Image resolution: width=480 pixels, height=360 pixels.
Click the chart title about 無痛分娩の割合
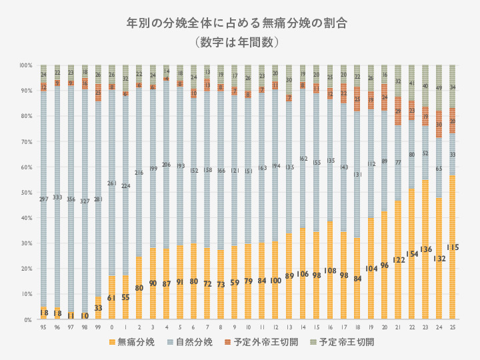(240, 22)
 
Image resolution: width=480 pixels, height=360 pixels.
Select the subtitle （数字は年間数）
(240, 41)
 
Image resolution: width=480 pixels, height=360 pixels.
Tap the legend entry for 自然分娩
(193, 342)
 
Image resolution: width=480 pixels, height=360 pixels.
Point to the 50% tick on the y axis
(27, 193)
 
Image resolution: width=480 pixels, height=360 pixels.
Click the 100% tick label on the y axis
(26, 65)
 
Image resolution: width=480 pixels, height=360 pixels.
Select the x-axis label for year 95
(43, 328)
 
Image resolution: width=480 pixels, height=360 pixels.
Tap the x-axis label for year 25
(453, 328)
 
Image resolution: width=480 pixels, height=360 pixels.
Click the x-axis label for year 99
(98, 328)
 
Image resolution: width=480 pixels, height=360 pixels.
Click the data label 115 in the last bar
(453, 247)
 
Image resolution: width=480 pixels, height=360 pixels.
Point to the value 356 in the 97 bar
(71, 199)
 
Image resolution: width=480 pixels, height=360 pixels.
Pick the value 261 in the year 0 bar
(112, 183)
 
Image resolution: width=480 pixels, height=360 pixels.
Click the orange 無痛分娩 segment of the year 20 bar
(384, 280)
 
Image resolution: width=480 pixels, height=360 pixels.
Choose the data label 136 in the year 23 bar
(425, 249)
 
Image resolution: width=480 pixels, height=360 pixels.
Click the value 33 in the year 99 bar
(98, 308)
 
